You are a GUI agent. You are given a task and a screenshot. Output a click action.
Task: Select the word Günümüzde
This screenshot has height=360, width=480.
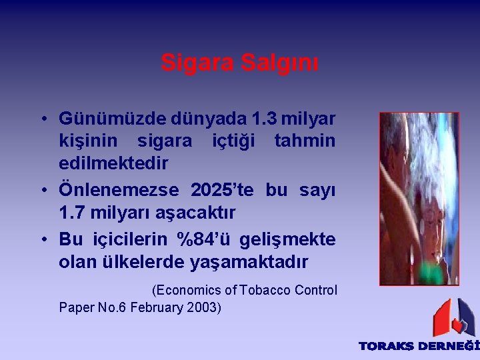[x=112, y=119]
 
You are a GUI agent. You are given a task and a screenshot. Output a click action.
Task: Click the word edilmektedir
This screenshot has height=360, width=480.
[x=113, y=163]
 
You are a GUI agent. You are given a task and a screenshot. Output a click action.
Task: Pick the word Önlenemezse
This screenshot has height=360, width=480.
[x=119, y=190]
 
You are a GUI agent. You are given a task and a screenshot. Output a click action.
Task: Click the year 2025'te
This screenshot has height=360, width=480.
[x=222, y=190]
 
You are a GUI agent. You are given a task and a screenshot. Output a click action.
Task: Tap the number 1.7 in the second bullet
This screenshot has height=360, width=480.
[x=73, y=213]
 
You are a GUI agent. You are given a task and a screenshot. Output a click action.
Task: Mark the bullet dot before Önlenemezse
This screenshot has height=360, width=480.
[x=42, y=190]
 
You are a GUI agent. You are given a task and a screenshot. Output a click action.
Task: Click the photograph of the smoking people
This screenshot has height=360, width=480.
[x=419, y=198]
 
